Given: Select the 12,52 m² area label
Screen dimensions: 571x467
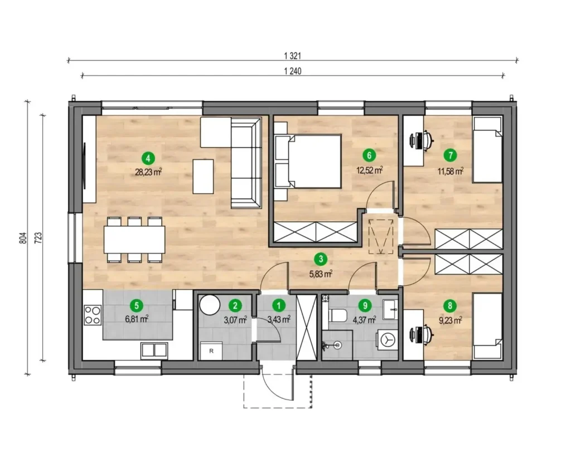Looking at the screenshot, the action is point(369,171).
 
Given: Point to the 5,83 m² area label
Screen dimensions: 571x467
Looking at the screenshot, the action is point(321,274).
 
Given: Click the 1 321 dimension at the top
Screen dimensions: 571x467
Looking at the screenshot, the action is point(292,56).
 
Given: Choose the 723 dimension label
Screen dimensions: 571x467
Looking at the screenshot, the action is point(38,237).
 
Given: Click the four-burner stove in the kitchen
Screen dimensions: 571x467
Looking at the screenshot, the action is point(93,315).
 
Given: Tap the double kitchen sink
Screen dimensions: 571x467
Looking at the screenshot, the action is point(154,350).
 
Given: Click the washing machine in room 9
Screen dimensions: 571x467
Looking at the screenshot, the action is point(387,339).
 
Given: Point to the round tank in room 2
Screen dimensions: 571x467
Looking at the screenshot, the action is point(210,305).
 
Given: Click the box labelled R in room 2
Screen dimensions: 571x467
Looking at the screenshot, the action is point(211,351).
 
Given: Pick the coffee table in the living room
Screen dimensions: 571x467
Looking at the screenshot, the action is point(203,176).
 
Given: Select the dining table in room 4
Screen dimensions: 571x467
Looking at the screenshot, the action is point(134,240).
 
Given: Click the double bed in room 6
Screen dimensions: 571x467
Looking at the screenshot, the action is point(308,161).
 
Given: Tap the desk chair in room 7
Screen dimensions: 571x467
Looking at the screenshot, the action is point(422,139).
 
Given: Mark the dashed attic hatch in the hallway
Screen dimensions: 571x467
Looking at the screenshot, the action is point(381,237).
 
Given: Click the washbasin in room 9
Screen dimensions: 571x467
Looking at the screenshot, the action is point(390,309).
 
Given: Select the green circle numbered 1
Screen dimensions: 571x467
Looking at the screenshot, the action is point(279,305).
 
